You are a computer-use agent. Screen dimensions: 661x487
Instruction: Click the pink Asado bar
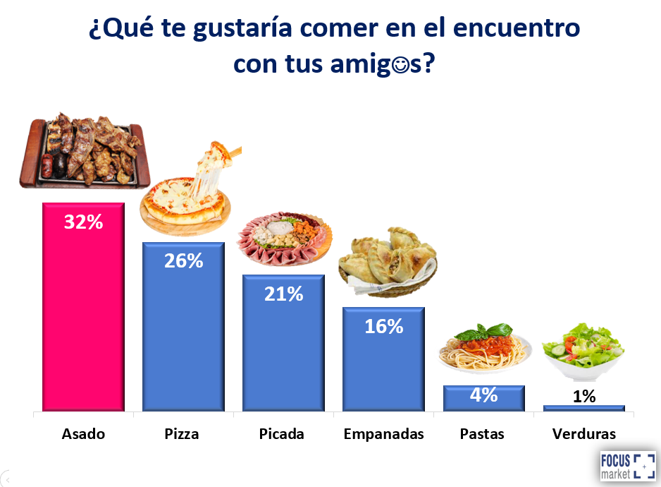83,307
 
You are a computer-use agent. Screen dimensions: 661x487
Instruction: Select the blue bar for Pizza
183,327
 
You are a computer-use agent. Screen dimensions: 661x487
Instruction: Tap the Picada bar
283,343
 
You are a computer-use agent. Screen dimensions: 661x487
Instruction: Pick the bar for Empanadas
383,359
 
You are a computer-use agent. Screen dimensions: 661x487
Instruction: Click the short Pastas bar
484,398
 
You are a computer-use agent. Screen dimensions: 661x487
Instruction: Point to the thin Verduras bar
584,409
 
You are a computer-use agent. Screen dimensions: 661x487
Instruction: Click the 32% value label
83,222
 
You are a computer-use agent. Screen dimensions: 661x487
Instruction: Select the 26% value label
184,260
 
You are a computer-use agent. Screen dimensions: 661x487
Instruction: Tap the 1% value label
584,396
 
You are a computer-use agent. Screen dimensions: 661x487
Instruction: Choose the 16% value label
384,327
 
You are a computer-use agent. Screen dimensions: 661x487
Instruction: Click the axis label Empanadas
383,434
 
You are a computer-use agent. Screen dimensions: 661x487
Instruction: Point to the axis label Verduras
584,434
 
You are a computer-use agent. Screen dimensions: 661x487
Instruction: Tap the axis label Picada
282,434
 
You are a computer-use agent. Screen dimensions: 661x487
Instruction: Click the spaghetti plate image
485,349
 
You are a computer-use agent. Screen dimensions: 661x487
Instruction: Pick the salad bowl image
583,350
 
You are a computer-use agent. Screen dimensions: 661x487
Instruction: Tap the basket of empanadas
388,262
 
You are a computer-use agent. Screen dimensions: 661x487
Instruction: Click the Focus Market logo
628,467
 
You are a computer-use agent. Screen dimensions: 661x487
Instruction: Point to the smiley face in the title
400,65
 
